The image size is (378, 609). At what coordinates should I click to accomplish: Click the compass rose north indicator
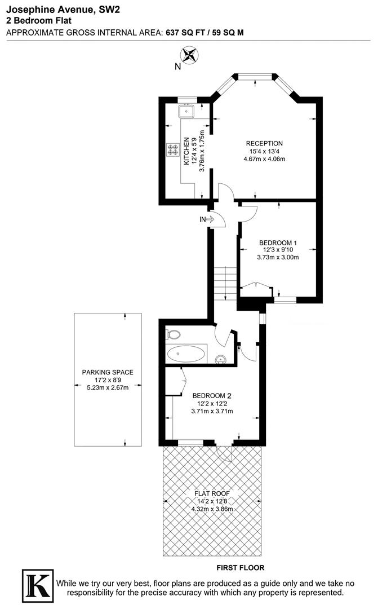point(189,55)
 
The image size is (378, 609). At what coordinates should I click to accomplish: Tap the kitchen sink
point(186,111)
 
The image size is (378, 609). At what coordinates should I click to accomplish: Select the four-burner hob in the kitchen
point(172,149)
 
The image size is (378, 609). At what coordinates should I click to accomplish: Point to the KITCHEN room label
point(187,151)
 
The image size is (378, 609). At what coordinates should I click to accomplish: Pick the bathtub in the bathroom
point(186,354)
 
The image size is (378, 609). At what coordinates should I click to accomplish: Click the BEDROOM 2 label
point(212,395)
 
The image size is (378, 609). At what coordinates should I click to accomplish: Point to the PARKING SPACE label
point(108,372)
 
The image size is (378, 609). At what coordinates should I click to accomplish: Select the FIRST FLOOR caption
point(241,568)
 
